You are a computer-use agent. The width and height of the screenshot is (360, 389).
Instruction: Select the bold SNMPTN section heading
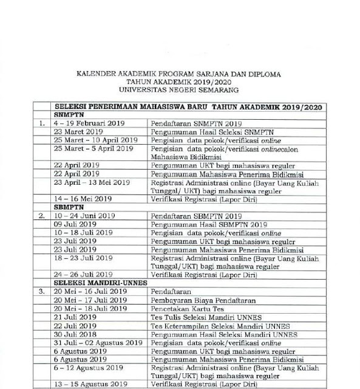point(69,113)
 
